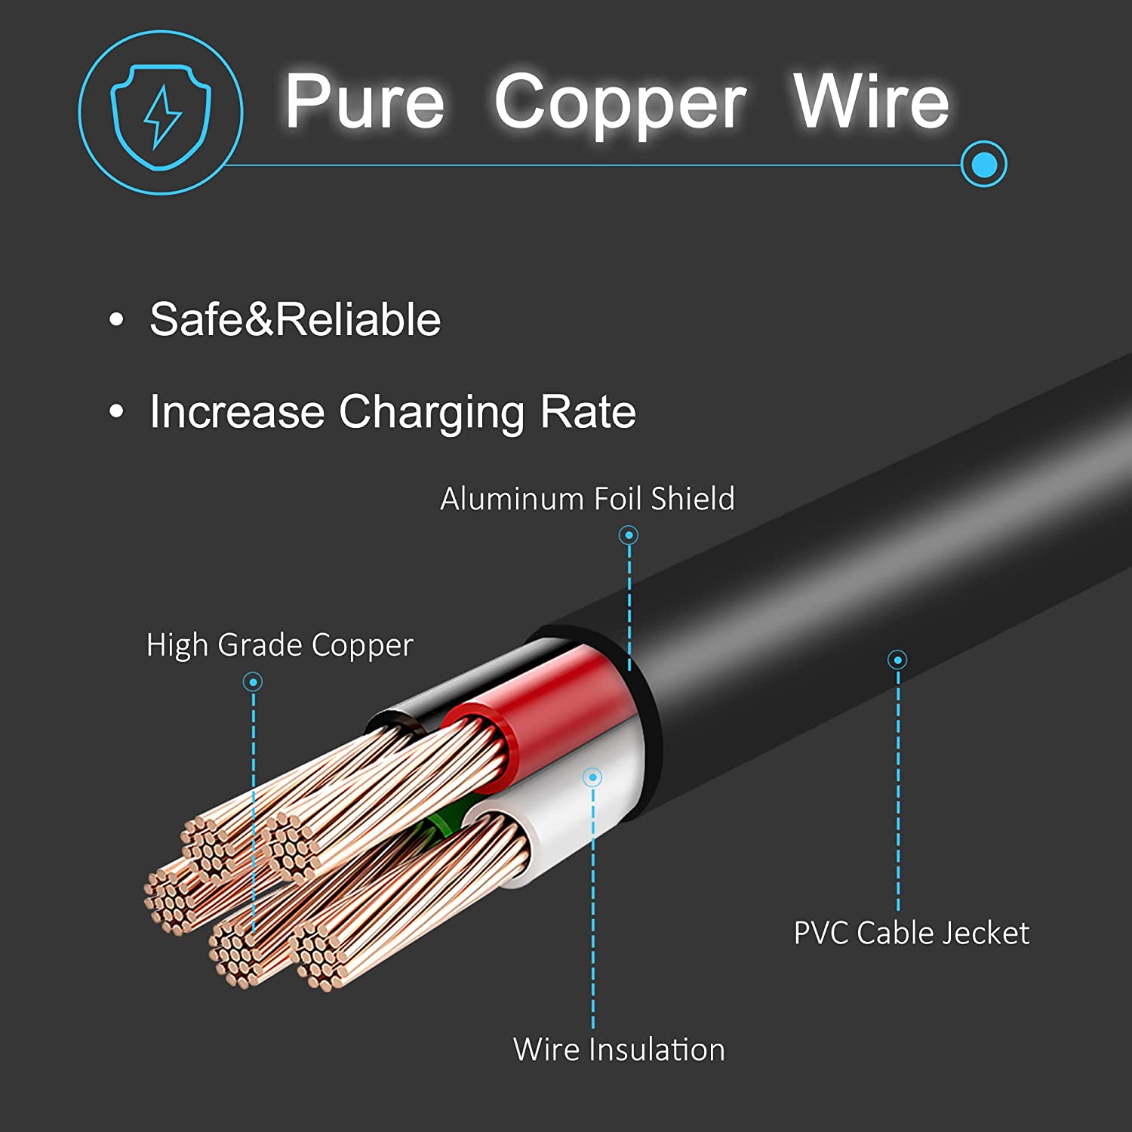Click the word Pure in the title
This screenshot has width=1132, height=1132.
point(365,102)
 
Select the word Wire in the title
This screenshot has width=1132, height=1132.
point(871,102)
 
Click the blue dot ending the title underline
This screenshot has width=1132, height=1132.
point(983,164)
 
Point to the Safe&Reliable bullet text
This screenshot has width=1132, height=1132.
point(295,319)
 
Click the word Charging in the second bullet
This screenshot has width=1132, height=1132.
point(431,412)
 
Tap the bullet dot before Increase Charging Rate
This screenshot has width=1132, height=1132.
point(116,412)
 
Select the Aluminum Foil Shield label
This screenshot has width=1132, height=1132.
point(587,499)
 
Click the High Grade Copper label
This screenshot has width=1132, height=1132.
point(279,645)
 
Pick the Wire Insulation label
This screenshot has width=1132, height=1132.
point(619,1050)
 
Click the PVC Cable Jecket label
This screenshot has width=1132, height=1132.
point(911,934)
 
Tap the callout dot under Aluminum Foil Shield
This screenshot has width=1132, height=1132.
point(629,535)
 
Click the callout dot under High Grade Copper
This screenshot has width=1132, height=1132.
point(253,682)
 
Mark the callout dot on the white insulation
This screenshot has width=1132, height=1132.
point(592,777)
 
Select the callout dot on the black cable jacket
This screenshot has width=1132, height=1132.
point(897,660)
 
